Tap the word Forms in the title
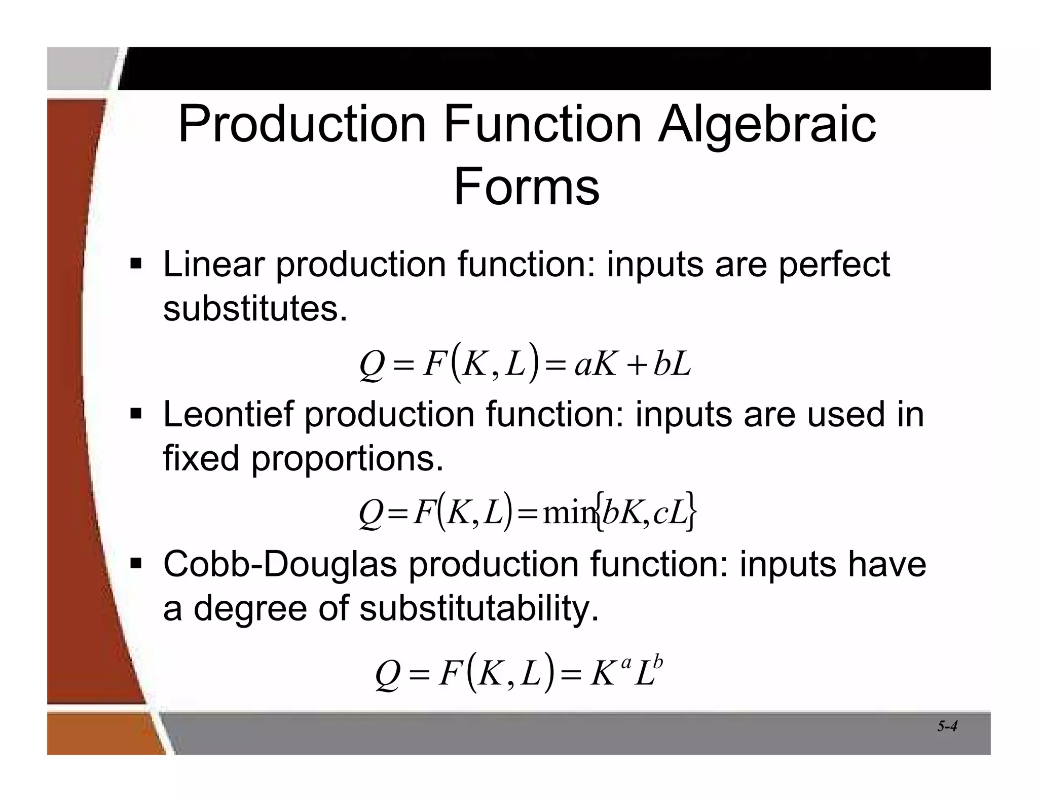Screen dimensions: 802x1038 (x=526, y=187)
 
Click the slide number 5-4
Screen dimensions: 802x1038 (x=947, y=726)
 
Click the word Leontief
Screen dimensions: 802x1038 (x=228, y=414)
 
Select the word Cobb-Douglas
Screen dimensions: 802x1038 (x=280, y=564)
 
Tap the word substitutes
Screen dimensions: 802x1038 (x=255, y=308)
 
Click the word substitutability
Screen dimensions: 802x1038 (x=479, y=608)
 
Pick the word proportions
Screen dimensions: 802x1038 (x=347, y=459)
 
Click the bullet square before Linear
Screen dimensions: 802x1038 (x=136, y=264)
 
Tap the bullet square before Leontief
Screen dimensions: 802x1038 (x=136, y=414)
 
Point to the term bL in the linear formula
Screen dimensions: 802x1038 (x=672, y=364)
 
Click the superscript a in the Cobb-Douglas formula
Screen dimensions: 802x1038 (x=626, y=663)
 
